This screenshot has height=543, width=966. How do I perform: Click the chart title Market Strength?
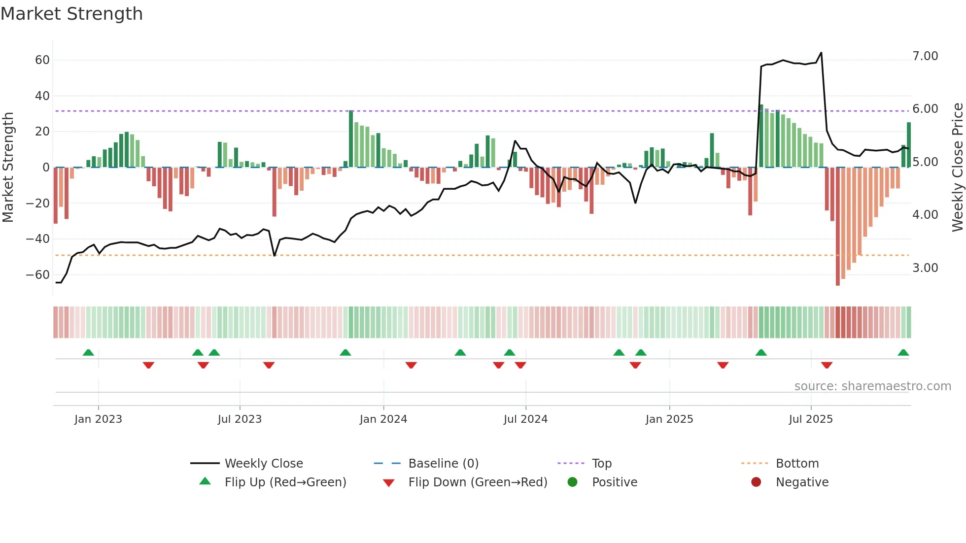click(71, 14)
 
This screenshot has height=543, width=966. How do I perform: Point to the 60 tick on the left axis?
click(42, 60)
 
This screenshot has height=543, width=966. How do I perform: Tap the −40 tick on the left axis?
click(37, 239)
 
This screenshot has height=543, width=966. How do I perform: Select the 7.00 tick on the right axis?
click(925, 56)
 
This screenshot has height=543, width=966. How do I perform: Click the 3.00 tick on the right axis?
click(925, 268)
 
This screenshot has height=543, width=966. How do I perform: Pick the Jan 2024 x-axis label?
click(383, 419)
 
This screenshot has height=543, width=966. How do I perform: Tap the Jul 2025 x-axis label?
click(810, 419)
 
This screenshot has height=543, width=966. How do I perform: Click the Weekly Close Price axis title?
click(957, 167)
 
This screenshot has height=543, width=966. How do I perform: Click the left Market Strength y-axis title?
click(8, 167)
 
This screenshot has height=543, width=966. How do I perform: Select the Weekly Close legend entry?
click(263, 464)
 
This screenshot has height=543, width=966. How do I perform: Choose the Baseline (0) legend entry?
click(443, 464)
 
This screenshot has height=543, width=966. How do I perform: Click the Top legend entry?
click(601, 464)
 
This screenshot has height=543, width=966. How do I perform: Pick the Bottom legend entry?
click(797, 464)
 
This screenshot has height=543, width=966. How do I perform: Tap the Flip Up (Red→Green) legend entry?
click(285, 482)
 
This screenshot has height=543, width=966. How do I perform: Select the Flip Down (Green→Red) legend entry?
click(477, 482)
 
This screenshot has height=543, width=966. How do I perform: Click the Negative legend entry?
click(802, 482)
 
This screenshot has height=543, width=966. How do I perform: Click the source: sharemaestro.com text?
click(872, 386)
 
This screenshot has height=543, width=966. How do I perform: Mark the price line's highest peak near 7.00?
click(821, 53)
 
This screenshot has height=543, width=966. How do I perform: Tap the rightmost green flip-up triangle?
click(903, 353)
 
